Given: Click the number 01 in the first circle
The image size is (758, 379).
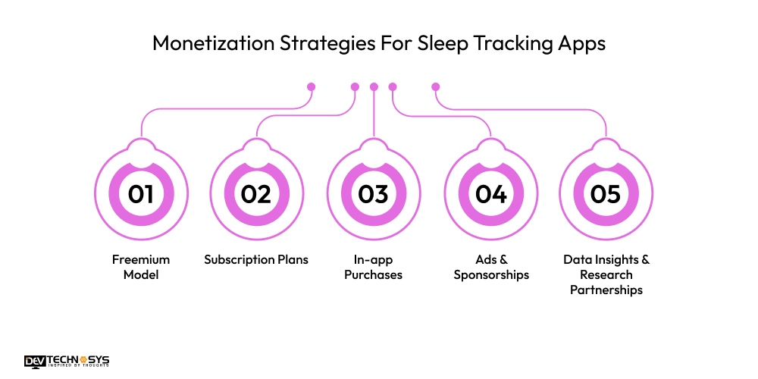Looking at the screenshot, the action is [141, 194].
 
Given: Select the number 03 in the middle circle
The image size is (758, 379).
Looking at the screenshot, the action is [373, 194].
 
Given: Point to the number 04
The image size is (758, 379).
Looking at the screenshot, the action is [490, 194].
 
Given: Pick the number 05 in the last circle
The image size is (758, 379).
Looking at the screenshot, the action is [605, 194].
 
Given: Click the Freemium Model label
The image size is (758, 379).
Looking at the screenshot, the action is [141, 267].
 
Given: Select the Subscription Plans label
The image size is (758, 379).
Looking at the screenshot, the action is [256, 259].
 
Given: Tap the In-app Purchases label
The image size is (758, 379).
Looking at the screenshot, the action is [373, 267].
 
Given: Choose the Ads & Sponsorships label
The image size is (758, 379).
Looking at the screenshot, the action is [491, 267].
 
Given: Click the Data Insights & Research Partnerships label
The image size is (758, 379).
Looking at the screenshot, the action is [606, 274].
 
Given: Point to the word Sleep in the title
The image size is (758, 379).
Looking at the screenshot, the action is [443, 44].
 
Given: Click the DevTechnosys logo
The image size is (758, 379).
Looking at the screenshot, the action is [67, 361].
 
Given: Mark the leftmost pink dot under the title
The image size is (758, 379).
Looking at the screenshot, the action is [312, 87].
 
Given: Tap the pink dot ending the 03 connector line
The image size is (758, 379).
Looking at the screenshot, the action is [374, 87].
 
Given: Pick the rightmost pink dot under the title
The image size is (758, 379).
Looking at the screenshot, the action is [436, 87].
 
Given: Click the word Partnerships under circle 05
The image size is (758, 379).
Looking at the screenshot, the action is [606, 290].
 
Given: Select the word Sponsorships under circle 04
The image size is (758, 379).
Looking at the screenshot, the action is [491, 275].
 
